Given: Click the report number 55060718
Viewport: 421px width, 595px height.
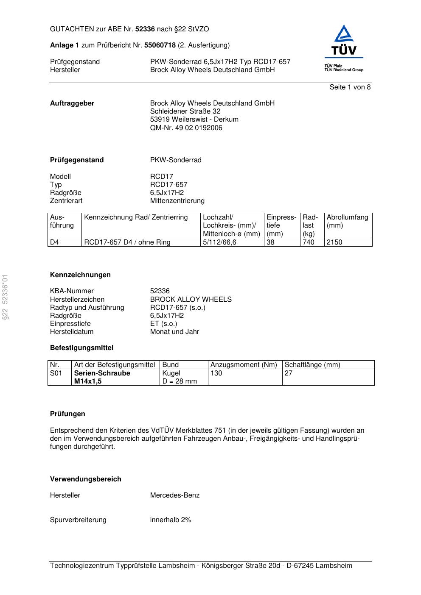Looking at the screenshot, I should coord(160,45).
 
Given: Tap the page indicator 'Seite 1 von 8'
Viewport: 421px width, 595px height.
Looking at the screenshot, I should coord(350,87).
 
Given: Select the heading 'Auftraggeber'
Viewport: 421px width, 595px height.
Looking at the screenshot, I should coord(72,103).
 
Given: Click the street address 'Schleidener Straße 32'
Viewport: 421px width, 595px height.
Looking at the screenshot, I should coord(185,111).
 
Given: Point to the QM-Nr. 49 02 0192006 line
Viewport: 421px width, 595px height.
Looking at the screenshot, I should coord(186,128).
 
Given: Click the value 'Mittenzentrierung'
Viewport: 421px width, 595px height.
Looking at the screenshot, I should coord(177,201).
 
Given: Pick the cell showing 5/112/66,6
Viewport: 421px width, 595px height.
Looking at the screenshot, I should coord(219,242).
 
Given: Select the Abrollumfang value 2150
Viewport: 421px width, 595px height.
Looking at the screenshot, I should coord(334,242).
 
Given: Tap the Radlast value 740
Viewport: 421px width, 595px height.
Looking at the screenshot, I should coord(308,242).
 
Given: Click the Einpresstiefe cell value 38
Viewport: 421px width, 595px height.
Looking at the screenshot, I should coord(270,242).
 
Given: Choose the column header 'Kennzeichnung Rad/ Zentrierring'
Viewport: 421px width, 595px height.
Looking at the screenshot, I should coord(136,217).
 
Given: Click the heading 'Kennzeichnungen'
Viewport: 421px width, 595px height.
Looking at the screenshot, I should coord(80,275).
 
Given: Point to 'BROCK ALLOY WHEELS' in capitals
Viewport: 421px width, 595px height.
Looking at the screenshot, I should coord(191,300).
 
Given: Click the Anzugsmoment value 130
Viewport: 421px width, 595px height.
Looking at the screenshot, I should coord(216,373).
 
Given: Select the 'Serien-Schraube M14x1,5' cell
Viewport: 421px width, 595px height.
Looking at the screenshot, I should coord(102,377).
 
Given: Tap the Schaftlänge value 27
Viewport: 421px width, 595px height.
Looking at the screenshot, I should coord(289,373).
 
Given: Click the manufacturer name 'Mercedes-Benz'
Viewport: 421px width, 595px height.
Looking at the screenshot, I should coord(174,495).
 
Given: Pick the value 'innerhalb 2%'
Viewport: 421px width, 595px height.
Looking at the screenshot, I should coord(170,520).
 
